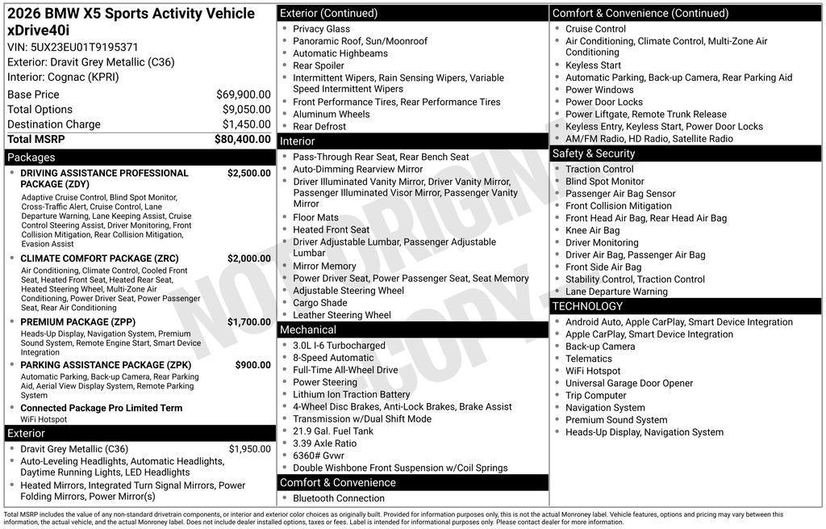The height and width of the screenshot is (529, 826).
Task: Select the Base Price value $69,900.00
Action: [x=243, y=94]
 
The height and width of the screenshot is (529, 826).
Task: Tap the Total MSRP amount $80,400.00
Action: [x=242, y=139]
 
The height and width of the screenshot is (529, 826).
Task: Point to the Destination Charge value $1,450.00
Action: [x=246, y=124]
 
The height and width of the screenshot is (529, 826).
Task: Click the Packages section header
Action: [x=31, y=157]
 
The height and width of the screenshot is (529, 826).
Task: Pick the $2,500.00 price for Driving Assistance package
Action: [x=248, y=173]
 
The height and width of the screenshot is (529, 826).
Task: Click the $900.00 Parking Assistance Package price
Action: [x=252, y=365]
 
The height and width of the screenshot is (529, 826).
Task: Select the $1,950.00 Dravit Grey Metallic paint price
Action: [x=249, y=449]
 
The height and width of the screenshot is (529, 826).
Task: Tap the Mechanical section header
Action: [x=308, y=330]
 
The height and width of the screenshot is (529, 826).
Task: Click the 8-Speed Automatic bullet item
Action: [x=333, y=358]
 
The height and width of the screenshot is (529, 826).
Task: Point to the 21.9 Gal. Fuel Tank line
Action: [x=333, y=431]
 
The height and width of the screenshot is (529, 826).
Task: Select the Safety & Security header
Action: [x=594, y=153]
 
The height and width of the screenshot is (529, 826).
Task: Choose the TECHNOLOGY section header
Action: [x=587, y=306]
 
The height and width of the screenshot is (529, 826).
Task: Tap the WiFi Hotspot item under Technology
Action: [x=593, y=371]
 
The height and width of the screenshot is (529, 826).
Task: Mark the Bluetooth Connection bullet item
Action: [x=339, y=498]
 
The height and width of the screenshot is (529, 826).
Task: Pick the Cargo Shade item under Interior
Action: [x=320, y=303]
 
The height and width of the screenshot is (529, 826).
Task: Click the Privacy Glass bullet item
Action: [x=321, y=28]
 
